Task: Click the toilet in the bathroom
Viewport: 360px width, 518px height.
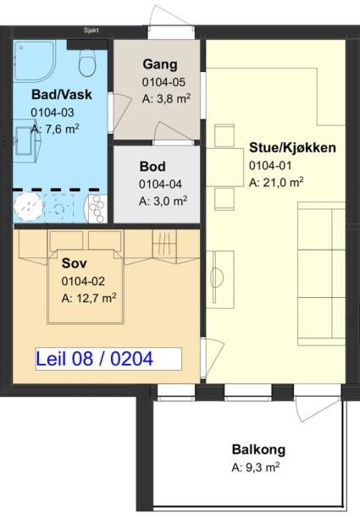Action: coord(87,63)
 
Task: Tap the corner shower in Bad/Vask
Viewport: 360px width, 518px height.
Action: coord(34,61)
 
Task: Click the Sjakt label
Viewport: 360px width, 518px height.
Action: coord(91,30)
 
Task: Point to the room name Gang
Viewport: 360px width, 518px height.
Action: coord(160,64)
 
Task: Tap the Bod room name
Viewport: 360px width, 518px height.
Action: coord(152,166)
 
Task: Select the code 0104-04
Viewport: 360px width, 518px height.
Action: coord(160,184)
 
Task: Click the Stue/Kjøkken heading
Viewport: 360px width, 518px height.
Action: coord(292,147)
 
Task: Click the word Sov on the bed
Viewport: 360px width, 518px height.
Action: coord(75,263)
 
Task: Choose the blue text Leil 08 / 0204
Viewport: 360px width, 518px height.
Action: coord(95,359)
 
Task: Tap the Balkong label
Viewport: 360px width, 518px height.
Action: coord(258,449)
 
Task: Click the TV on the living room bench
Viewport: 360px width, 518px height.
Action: coord(217,278)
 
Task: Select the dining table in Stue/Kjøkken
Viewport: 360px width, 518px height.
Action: coord(224,167)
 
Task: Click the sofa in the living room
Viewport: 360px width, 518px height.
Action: coord(321,274)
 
